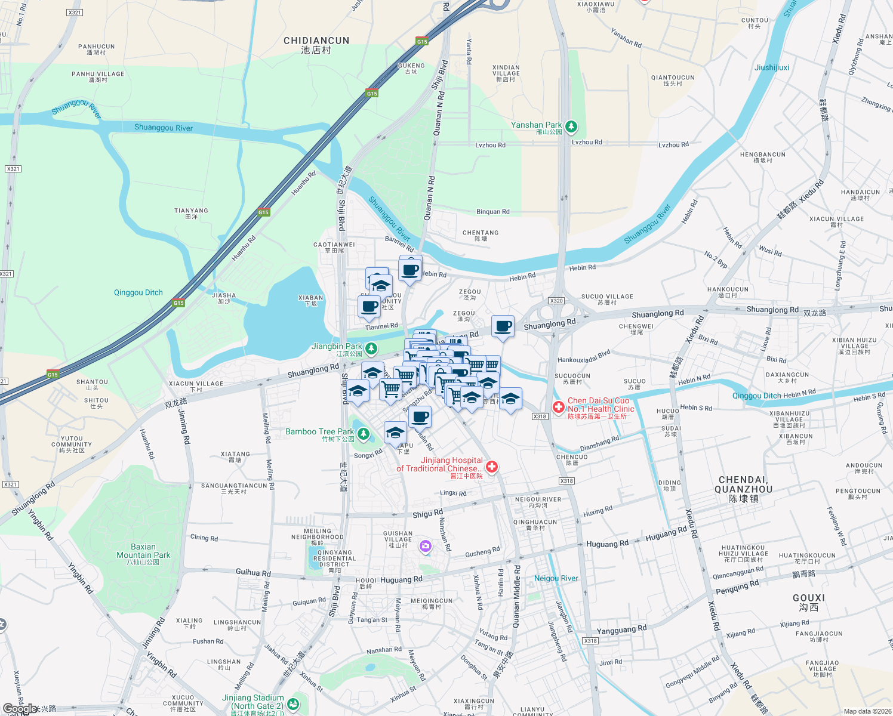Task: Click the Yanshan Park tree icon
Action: [x=571, y=126]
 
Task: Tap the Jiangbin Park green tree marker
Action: [x=371, y=348]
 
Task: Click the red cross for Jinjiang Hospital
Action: [x=492, y=467]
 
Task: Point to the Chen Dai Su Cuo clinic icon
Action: [x=558, y=407]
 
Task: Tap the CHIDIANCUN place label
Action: [x=316, y=45]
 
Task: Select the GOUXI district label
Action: [x=809, y=601]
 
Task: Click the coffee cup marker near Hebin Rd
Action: [x=410, y=270]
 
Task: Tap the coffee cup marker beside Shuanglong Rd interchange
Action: [x=503, y=326]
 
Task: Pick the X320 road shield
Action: [x=556, y=301]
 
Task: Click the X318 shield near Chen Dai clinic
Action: [x=540, y=416]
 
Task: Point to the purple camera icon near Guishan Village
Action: [x=426, y=546]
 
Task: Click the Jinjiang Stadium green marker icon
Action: [x=292, y=704]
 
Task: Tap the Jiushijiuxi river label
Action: [x=772, y=67]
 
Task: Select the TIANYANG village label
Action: [x=191, y=213]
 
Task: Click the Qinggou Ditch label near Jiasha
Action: [x=138, y=292]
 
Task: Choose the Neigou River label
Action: [x=556, y=578]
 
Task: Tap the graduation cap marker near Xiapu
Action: [x=395, y=433]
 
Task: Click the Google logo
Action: [x=19, y=708]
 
